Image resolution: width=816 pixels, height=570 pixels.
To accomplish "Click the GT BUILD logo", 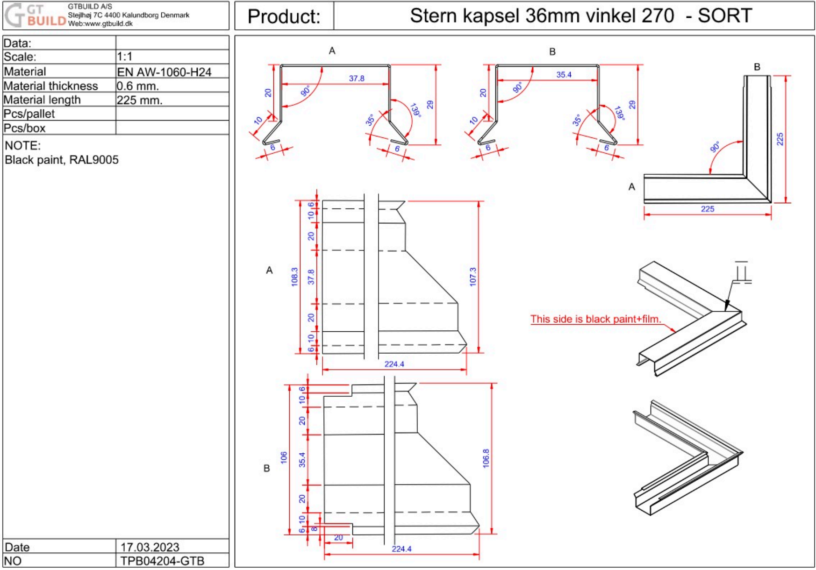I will (35, 15).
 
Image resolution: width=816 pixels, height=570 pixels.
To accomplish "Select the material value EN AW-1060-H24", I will (164, 72).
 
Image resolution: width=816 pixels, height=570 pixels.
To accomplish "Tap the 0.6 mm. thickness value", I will (138, 86).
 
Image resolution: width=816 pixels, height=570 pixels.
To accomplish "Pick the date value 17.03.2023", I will (150, 547).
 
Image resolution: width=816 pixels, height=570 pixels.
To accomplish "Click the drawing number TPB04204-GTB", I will (162, 561).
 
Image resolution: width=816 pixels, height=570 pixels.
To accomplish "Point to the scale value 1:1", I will (125, 57).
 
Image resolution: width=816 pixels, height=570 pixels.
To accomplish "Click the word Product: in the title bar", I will (284, 16).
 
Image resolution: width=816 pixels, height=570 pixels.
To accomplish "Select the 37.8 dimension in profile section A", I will (357, 78).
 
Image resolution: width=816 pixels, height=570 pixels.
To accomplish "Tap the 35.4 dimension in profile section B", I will (564, 75).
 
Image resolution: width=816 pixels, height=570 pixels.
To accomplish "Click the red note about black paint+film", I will (595, 319).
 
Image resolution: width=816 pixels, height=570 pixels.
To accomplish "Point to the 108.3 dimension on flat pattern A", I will (294, 277).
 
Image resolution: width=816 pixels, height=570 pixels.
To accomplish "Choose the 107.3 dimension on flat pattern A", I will (472, 277).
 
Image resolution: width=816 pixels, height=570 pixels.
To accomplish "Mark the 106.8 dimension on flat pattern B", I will (486, 458).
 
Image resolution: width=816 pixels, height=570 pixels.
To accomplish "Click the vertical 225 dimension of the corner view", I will (780, 139).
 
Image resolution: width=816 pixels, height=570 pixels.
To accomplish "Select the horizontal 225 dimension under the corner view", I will (707, 209).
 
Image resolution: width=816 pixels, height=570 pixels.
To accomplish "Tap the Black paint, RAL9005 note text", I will (62, 160).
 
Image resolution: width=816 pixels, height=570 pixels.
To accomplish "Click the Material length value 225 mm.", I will (139, 100).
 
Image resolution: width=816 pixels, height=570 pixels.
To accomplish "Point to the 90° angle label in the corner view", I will (715, 147).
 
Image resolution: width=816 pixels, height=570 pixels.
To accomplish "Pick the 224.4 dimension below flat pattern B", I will (401, 549).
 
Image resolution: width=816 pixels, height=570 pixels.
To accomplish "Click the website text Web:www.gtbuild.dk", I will (100, 24).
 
